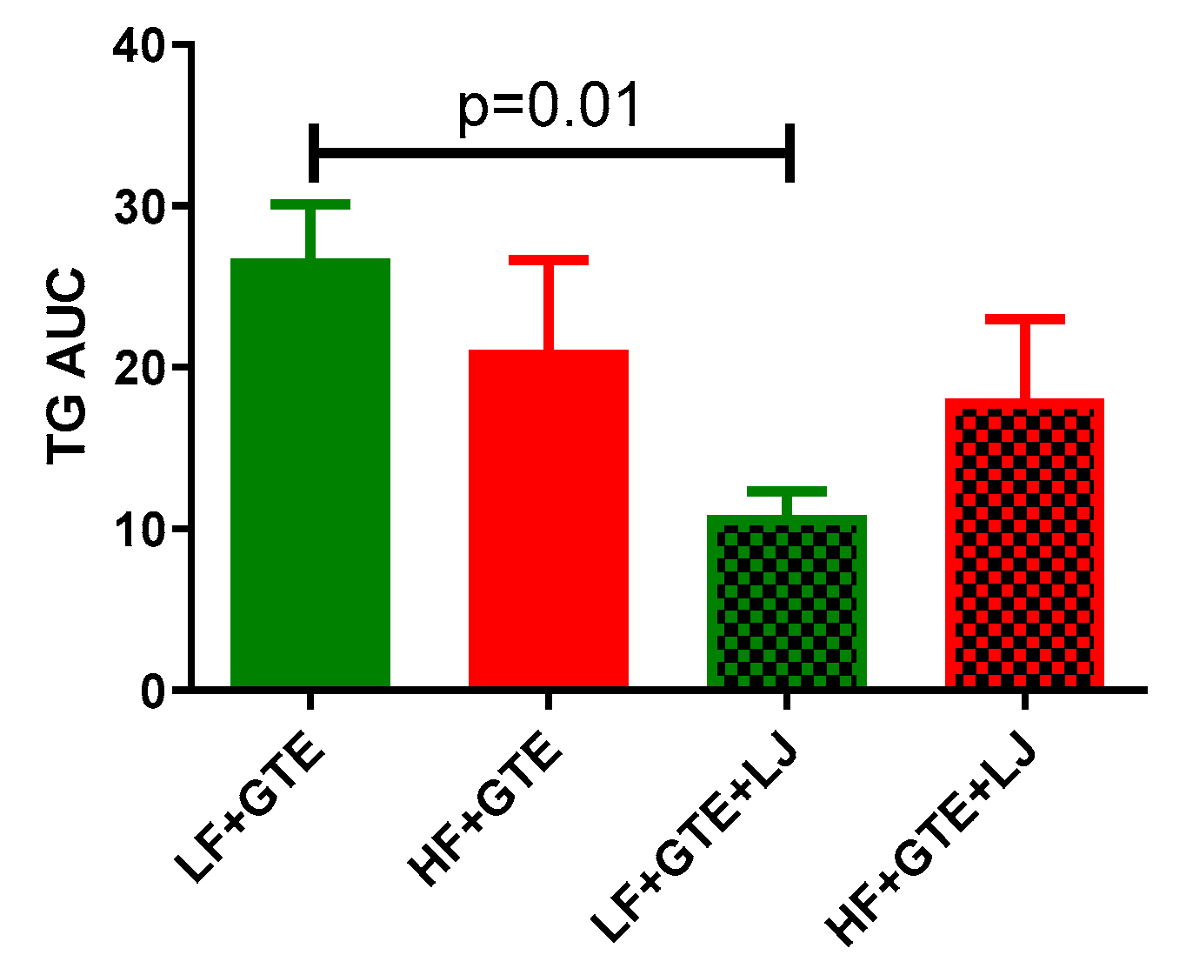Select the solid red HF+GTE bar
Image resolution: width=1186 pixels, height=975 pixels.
[x=549, y=518]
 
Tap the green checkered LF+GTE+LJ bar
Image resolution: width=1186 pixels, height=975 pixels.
[x=787, y=602]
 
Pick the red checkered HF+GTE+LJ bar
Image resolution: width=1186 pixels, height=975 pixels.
[x=1024, y=544]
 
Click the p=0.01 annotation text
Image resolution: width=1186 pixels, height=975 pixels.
[x=550, y=108]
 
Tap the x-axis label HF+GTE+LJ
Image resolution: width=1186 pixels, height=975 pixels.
[x=932, y=841]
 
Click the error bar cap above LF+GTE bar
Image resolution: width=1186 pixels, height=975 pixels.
[x=310, y=204]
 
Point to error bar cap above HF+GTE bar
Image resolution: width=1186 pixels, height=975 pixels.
[x=549, y=260]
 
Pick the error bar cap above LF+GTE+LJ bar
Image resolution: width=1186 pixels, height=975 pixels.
[x=787, y=491]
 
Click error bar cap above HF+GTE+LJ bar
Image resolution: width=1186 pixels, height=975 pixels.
[x=1024, y=319]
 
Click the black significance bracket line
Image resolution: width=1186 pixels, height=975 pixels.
[x=550, y=153]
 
